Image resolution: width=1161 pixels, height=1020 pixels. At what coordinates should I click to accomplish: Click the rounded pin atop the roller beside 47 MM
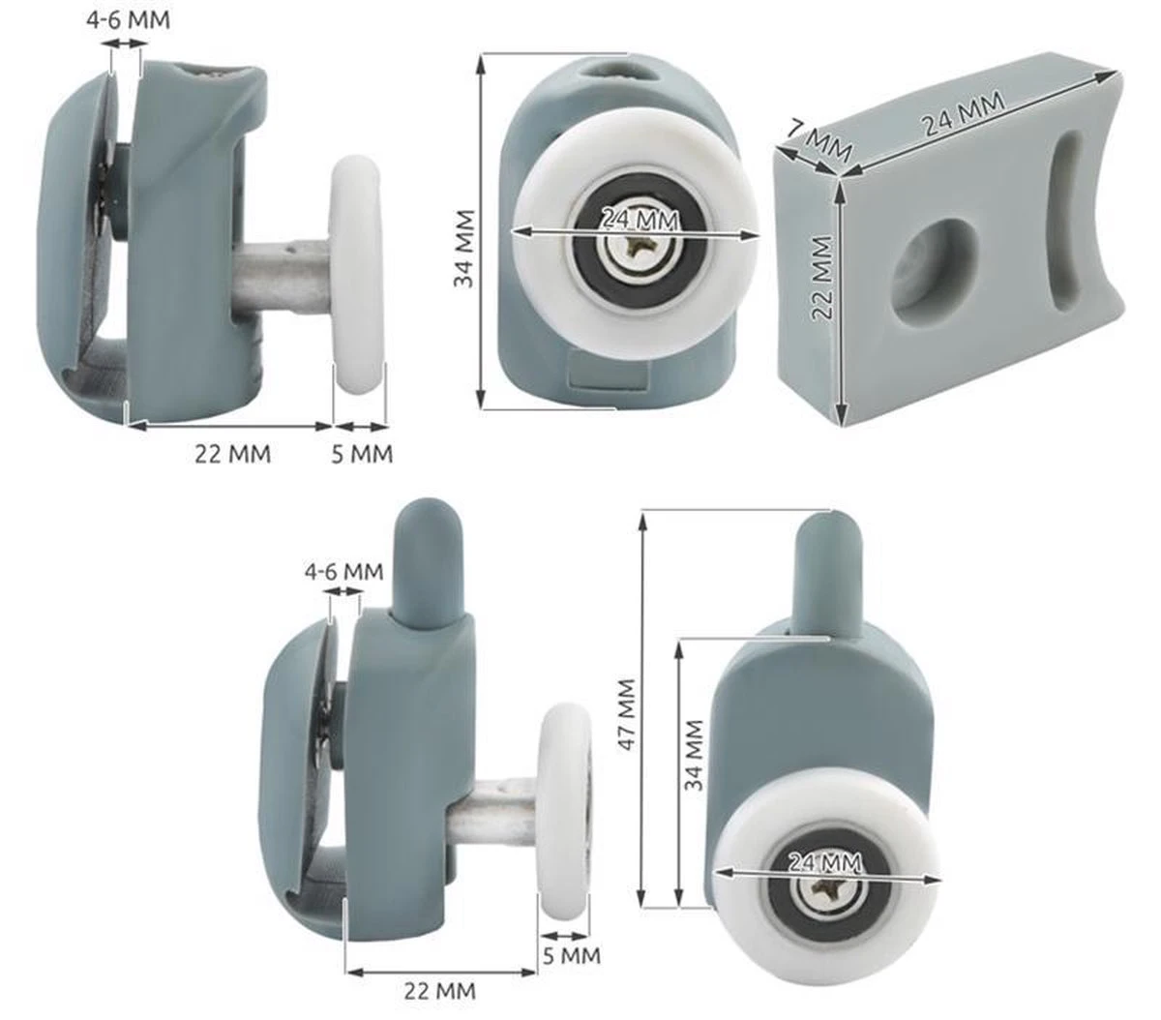coord(828,572)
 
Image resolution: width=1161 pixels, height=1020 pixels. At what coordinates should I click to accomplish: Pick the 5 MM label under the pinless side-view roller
coord(362,453)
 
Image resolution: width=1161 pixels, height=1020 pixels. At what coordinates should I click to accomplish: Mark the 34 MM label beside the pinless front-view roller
coord(466,248)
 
